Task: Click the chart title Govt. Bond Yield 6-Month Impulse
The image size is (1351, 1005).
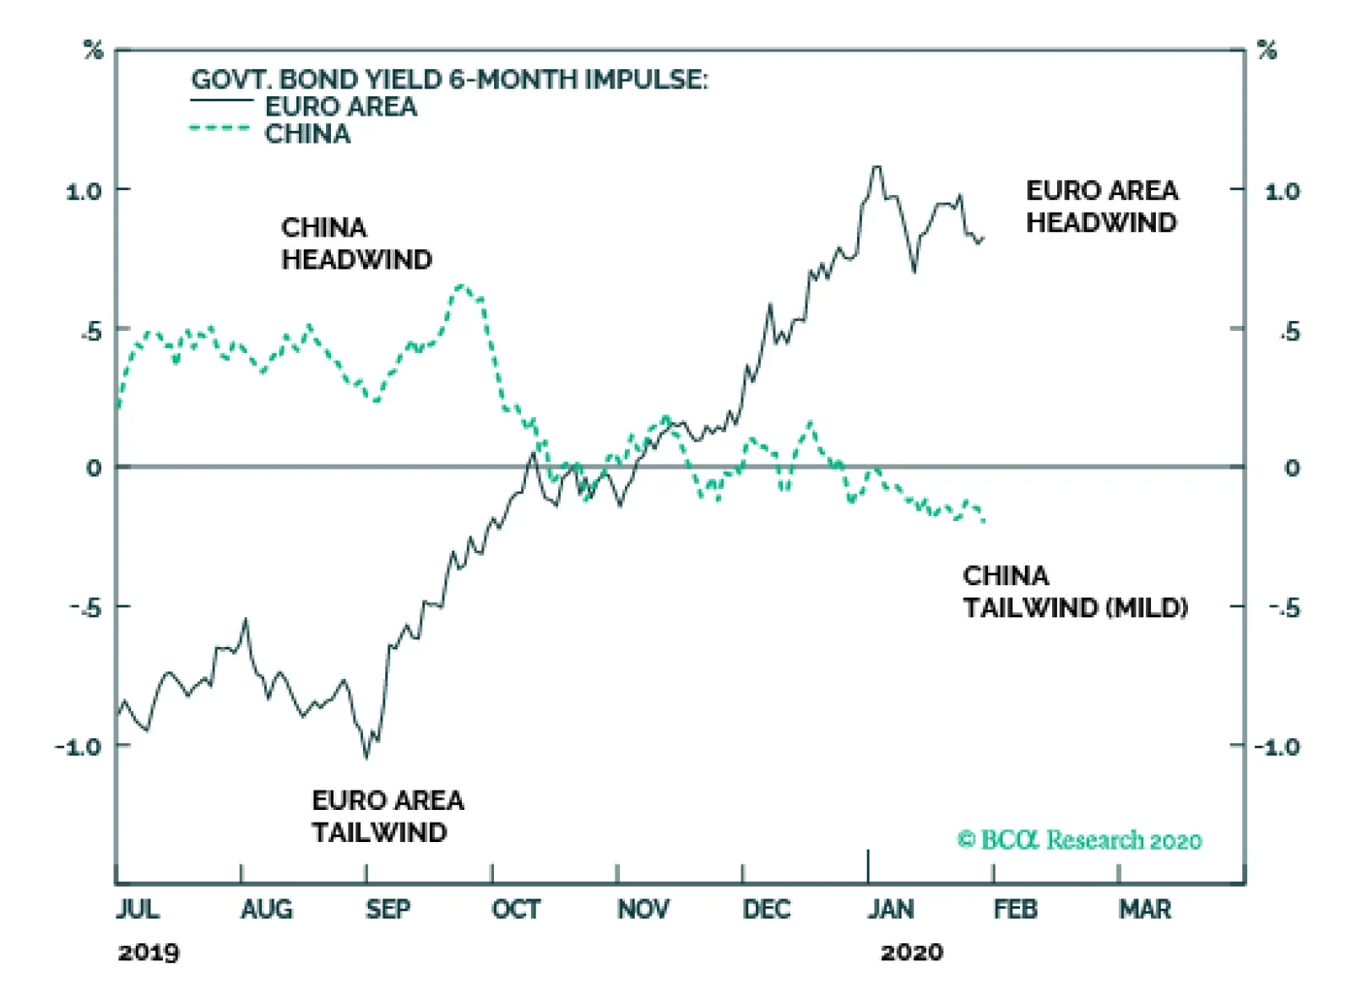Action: tap(449, 79)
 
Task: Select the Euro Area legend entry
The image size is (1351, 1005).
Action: tap(340, 107)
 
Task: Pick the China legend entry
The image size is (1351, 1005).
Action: tap(307, 134)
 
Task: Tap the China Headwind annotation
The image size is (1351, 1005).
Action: tap(355, 243)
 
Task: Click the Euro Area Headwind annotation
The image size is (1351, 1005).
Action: tap(1101, 206)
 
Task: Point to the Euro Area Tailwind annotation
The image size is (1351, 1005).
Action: tap(388, 816)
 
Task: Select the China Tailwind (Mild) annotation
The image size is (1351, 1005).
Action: tap(1075, 591)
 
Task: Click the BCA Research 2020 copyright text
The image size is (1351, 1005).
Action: tap(1079, 839)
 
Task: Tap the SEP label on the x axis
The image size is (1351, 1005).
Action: tap(388, 910)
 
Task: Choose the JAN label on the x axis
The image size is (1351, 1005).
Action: tap(891, 910)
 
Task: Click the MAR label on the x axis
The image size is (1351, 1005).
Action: tap(1145, 910)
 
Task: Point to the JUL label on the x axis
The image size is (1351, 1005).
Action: tap(138, 910)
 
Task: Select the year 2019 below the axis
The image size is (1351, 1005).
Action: tap(149, 953)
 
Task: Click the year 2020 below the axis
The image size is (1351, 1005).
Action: tap(911, 953)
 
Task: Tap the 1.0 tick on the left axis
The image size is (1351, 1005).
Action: tap(84, 192)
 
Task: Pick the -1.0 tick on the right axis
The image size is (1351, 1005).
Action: tap(1277, 747)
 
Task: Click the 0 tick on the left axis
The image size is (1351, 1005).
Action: tap(94, 468)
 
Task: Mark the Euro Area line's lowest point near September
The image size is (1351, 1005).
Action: tap(366, 757)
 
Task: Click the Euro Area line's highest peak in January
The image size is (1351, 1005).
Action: tap(876, 167)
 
